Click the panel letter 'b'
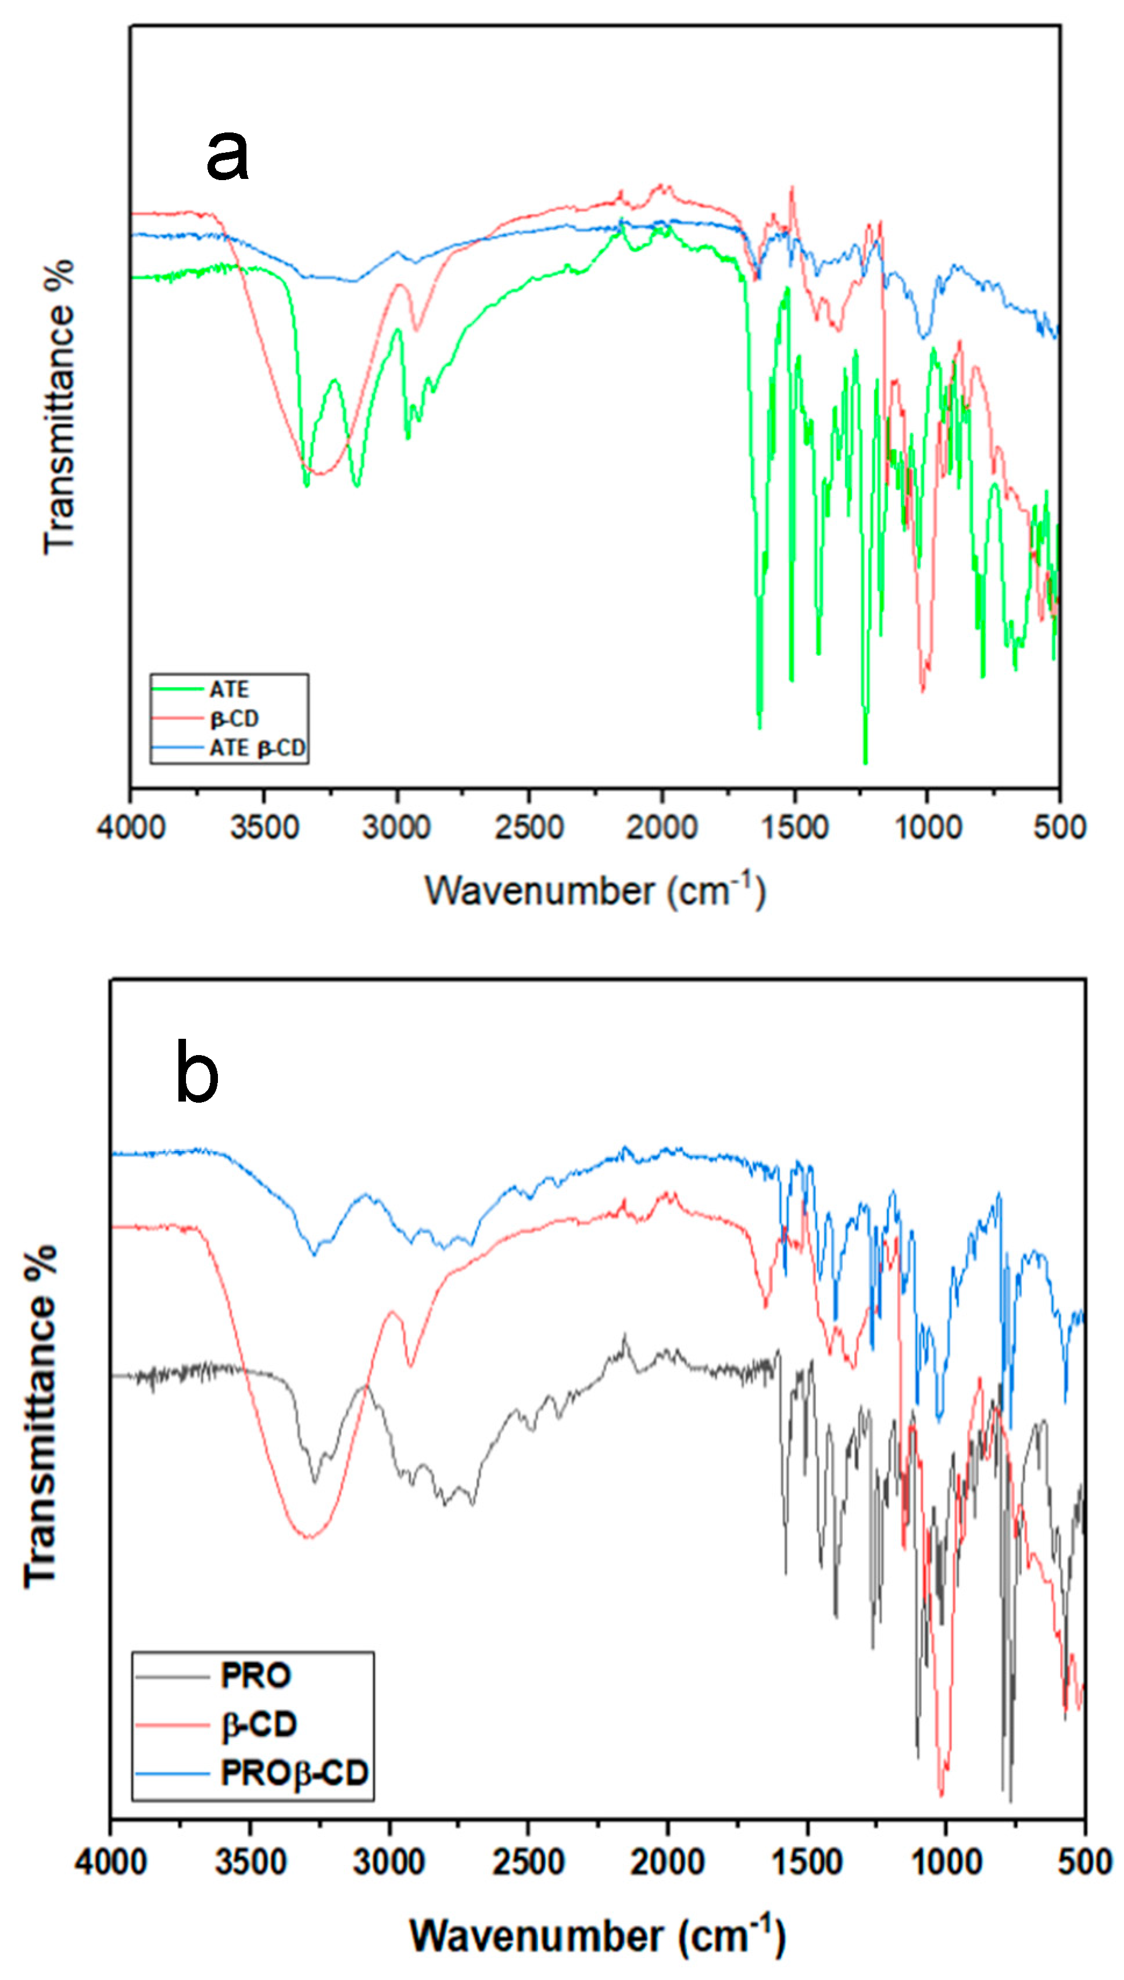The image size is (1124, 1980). pos(197,1072)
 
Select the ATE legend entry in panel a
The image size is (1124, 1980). pos(230,689)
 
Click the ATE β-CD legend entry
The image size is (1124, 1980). pos(257,748)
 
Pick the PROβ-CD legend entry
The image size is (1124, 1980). pos(294,1773)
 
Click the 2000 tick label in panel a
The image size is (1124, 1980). pos(661,828)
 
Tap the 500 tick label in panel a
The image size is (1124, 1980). pos(1059,828)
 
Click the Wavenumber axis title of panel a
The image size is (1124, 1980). pos(595,891)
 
